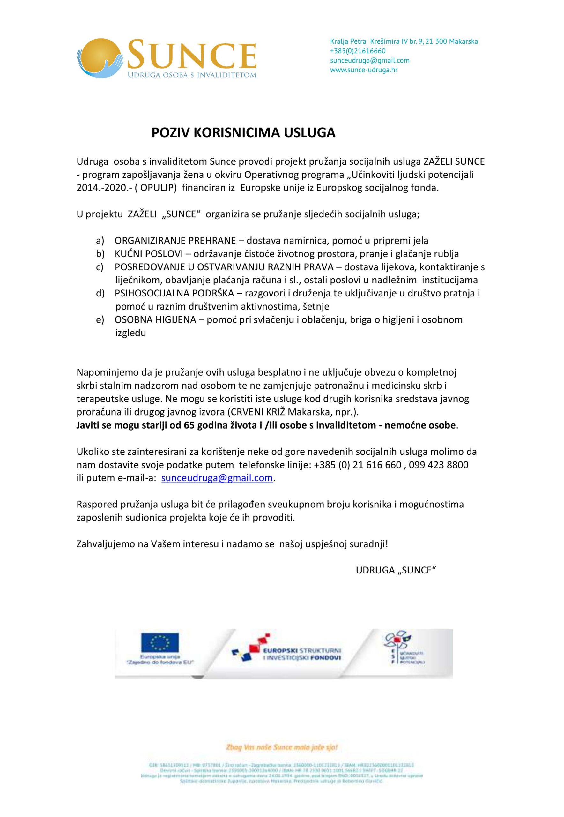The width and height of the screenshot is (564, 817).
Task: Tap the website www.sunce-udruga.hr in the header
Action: pos(364,70)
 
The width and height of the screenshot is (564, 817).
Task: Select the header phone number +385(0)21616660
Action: pos(358,51)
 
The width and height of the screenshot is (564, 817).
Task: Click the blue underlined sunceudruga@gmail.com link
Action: pos(217,478)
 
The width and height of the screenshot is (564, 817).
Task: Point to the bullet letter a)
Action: pos(100,241)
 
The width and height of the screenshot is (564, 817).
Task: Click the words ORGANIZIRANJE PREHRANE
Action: pos(175,241)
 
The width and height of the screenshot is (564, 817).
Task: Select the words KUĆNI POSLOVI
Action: pos(149,254)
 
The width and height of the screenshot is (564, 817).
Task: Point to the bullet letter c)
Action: pos(100,267)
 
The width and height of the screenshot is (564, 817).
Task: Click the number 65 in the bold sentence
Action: pos(190,425)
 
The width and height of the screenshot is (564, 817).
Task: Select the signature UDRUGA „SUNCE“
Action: pos(396,571)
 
